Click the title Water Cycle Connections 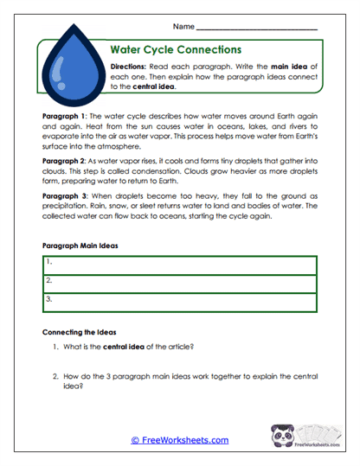coord(176,50)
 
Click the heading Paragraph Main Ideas coord(80,246)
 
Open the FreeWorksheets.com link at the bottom coord(179,440)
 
